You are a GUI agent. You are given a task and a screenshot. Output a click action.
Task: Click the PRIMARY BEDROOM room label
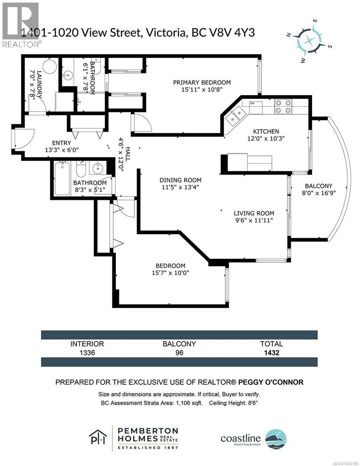pyautogui.click(x=202, y=82)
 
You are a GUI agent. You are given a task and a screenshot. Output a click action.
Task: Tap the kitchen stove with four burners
pyautogui.click(x=283, y=107)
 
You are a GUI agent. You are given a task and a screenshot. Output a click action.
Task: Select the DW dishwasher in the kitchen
pyautogui.click(x=256, y=108)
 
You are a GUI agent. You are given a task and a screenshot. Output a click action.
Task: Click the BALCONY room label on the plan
pyautogui.click(x=318, y=186)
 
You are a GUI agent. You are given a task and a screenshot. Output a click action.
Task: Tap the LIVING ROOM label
pyautogui.click(x=254, y=213)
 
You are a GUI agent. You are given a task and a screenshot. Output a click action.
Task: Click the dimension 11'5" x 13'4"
pyautogui.click(x=180, y=187)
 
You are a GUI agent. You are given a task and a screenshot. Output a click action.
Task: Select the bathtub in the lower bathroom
pyautogui.click(x=63, y=179)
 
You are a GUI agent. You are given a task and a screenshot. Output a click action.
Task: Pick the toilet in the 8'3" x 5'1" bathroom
pyautogui.click(x=81, y=169)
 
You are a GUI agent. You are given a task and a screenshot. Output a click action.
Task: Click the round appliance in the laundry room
pyautogui.click(x=50, y=66)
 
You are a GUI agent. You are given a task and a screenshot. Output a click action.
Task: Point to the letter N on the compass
pyautogui.click(x=289, y=35)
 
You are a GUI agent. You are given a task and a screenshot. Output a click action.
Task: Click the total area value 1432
pyautogui.click(x=271, y=353)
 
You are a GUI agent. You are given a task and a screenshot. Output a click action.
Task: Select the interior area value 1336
pyautogui.click(x=87, y=353)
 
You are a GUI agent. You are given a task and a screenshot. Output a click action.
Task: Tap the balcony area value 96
pyautogui.click(x=179, y=353)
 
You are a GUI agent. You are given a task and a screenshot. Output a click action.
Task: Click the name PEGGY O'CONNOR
pyautogui.click(x=271, y=382)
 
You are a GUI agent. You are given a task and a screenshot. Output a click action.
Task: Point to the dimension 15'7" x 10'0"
pyautogui.click(x=170, y=273)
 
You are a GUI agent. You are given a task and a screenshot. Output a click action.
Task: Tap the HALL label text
pyautogui.click(x=128, y=154)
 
